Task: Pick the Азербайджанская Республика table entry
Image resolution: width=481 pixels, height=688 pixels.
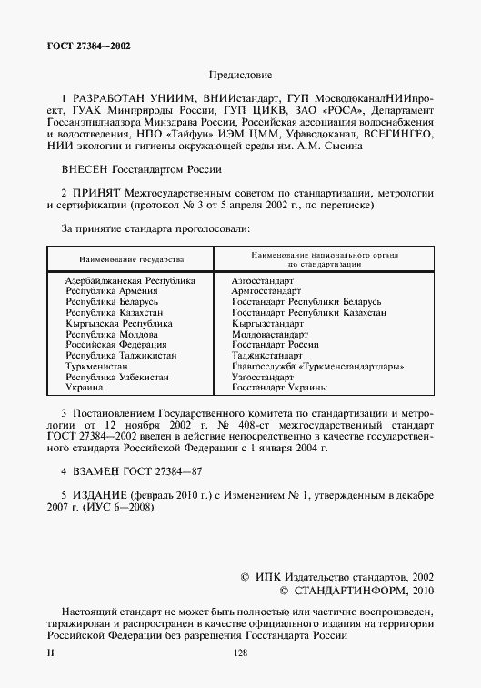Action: click(130, 282)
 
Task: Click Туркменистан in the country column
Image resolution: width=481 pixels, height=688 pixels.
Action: click(97, 366)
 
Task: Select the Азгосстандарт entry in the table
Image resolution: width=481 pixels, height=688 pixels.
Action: click(263, 282)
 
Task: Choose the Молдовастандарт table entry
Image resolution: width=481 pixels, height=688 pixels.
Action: click(271, 334)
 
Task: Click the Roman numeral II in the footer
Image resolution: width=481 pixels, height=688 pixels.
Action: click(50, 653)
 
